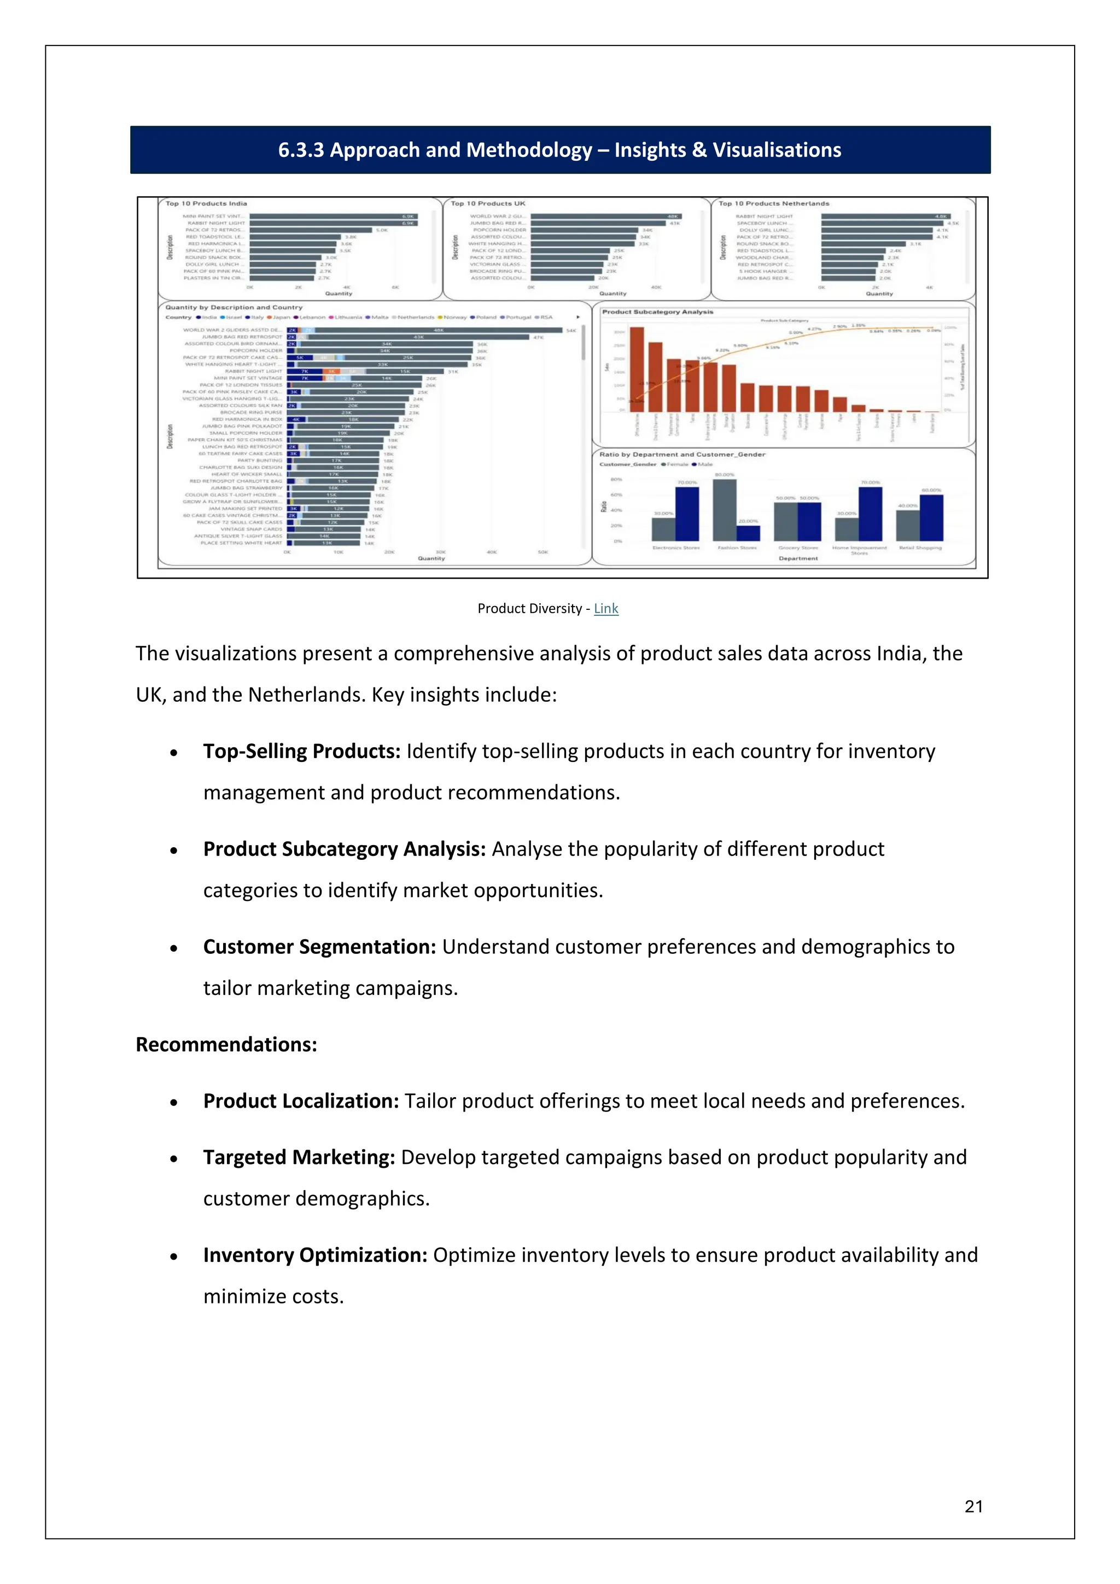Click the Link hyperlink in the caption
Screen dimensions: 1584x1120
[x=605, y=608]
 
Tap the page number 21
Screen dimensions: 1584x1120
[x=973, y=1506]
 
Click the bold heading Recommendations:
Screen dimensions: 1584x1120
[x=226, y=1045]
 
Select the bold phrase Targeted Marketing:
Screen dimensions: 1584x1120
[x=299, y=1157]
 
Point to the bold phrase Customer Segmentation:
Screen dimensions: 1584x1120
[x=319, y=947]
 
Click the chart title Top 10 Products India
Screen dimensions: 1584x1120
[x=206, y=203]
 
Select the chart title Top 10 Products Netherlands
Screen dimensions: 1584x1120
[x=773, y=203]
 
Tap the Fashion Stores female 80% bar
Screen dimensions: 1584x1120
[x=724, y=510]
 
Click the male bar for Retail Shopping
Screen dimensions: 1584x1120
[x=931, y=517]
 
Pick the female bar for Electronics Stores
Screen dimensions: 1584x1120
[x=663, y=529]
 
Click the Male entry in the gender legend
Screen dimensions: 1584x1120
[x=704, y=464]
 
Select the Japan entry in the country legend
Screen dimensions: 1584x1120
[x=280, y=317]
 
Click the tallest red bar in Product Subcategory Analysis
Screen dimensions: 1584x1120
[x=637, y=369]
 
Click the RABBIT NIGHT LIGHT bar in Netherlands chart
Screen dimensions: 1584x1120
[x=885, y=217]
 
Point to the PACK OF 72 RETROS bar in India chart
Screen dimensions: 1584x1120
[x=310, y=230]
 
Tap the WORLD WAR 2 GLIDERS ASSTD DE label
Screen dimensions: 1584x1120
[x=232, y=330]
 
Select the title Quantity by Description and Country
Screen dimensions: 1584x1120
[x=234, y=308]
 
